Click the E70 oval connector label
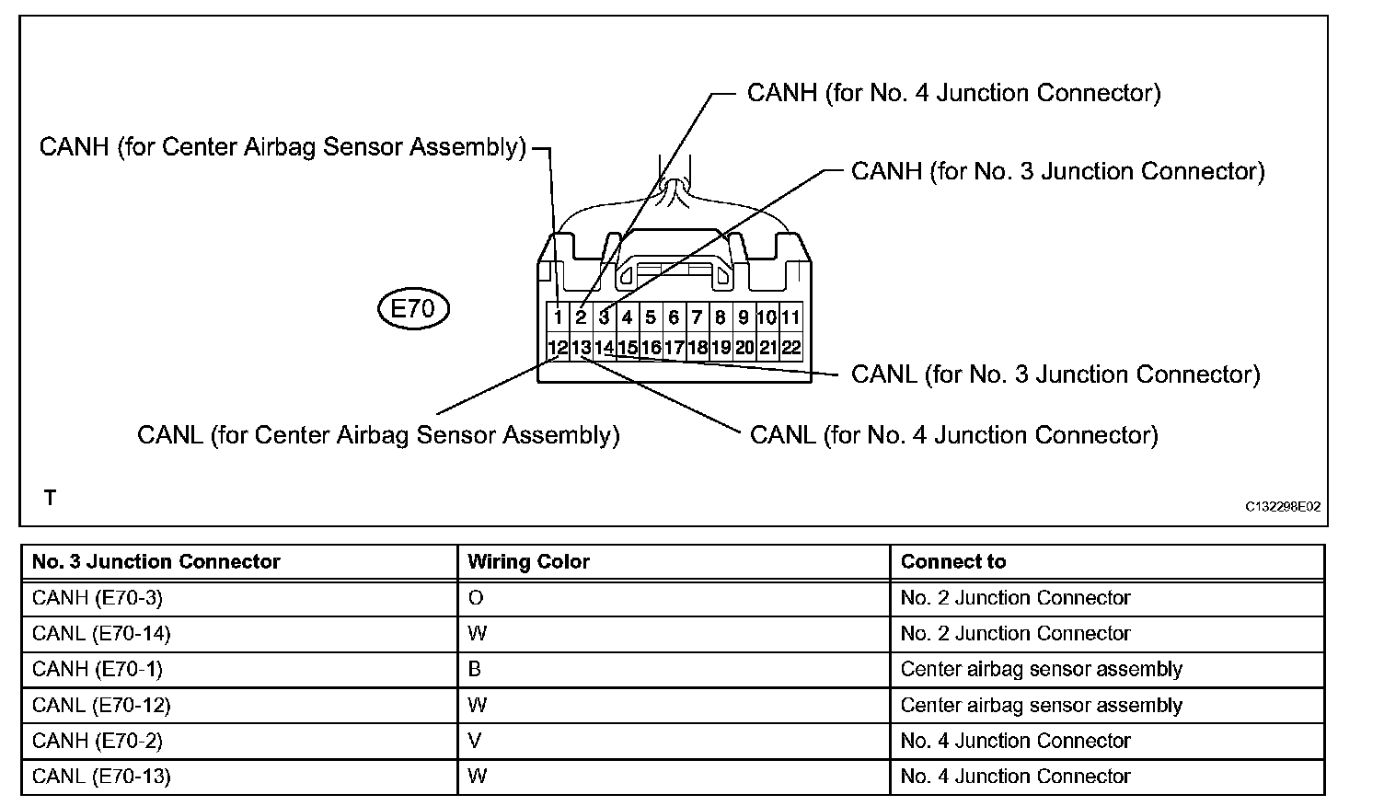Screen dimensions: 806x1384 pos(413,309)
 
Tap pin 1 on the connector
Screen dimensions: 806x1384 pos(559,318)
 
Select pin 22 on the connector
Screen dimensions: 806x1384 pos(790,348)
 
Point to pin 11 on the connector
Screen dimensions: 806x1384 pos(790,318)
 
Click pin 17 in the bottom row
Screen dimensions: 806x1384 pos(674,348)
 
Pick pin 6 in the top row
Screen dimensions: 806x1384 pos(674,318)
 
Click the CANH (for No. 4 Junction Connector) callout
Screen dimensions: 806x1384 pos(953,93)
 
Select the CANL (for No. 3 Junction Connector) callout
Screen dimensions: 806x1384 pos(1055,374)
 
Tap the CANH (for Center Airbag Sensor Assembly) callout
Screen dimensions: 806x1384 pos(283,147)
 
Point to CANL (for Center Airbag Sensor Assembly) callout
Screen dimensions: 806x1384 pos(378,434)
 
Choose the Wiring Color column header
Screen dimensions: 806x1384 pos(528,561)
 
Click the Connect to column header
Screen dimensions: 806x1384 pos(953,561)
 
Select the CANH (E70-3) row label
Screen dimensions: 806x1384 pos(98,598)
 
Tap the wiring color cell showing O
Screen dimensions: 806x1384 pos(476,598)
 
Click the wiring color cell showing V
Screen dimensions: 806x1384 pos(475,741)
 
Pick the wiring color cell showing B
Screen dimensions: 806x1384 pos(475,669)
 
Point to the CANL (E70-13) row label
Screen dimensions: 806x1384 pos(101,777)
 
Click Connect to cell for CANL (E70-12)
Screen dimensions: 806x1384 pos(1041,706)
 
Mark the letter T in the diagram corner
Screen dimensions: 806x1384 pos(51,499)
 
